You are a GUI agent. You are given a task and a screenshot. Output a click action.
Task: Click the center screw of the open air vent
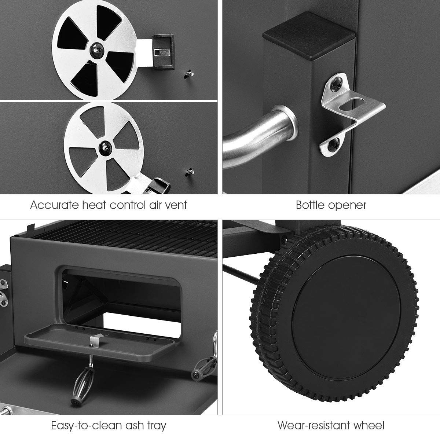(x=97, y=50)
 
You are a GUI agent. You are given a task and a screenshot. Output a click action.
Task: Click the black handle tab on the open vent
(x=164, y=52)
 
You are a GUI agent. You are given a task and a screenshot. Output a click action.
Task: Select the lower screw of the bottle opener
(x=333, y=145)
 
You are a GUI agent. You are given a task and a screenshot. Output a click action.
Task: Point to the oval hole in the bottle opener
(x=351, y=105)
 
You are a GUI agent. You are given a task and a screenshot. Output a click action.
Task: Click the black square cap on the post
(x=309, y=36)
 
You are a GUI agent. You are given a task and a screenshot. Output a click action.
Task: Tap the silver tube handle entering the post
(x=260, y=135)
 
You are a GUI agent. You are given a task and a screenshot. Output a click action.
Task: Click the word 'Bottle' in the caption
(x=311, y=205)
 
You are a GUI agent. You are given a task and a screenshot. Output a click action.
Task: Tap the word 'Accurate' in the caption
(x=55, y=205)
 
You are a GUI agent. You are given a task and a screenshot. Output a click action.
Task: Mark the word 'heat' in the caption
(x=94, y=205)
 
